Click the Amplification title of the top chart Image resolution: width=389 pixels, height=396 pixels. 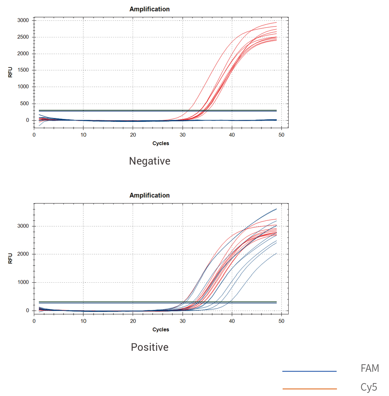coord(149,9)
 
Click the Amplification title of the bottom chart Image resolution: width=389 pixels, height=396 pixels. coord(149,195)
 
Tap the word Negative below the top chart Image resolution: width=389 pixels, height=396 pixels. coord(149,161)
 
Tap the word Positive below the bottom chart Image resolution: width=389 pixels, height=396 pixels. coord(149,347)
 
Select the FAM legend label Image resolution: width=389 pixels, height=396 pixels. coord(369,368)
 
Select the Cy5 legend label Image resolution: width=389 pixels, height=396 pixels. coord(369,387)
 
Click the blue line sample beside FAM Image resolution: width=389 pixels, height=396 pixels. coord(309,371)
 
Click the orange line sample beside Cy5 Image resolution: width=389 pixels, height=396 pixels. coord(309,389)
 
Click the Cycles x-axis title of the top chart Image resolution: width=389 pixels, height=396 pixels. coord(161,143)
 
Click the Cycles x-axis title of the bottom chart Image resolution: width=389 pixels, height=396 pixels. coord(161,329)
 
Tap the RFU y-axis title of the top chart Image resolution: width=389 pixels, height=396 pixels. coord(11,72)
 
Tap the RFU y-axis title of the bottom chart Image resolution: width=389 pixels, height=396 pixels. coord(11,258)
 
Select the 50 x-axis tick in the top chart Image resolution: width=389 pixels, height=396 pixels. coord(281,135)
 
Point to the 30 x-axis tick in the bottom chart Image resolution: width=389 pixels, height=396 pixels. coord(182,321)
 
